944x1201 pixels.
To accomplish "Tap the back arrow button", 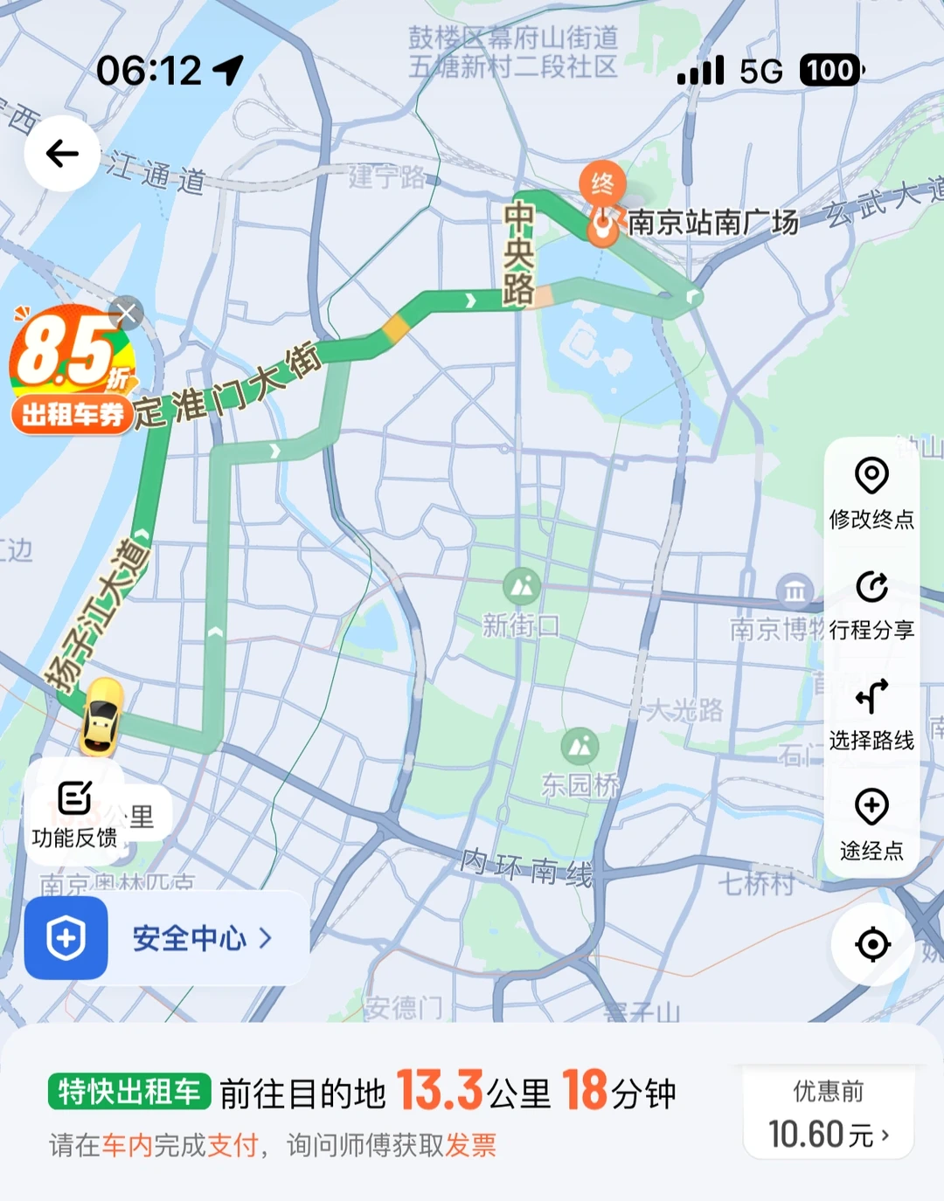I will [62, 154].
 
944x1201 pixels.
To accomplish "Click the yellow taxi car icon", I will [101, 716].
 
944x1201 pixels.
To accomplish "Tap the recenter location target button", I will [872, 944].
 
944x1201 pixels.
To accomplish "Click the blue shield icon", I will [66, 939].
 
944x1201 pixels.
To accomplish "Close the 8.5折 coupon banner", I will [128, 313].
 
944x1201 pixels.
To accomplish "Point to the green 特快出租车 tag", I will [129, 1092].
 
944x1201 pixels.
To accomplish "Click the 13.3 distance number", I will [440, 1091].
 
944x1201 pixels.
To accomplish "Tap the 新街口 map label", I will [521, 625].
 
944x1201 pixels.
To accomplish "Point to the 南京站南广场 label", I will [712, 223].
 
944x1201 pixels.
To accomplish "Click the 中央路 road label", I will [518, 253].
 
